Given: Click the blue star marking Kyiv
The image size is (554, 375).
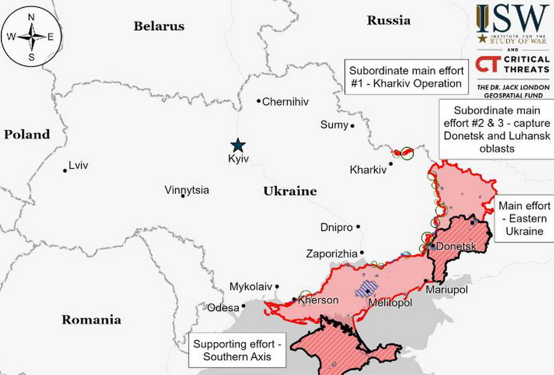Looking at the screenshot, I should click(x=238, y=145).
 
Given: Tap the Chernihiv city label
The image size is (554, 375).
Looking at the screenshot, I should click(x=285, y=102).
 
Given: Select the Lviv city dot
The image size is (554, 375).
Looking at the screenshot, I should click(x=65, y=170).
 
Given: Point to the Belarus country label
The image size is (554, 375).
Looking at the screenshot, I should click(x=158, y=26).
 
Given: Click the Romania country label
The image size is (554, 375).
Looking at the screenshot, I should click(x=91, y=320).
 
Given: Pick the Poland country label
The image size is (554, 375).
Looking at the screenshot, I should click(x=27, y=134).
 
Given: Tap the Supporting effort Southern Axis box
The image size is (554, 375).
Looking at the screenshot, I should click(x=237, y=350).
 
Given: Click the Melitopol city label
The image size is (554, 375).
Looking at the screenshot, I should click(x=391, y=303).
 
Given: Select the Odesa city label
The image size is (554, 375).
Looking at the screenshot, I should click(x=223, y=307).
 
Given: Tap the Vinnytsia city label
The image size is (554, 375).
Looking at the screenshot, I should click(x=187, y=190).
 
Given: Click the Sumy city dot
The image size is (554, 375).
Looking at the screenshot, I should click(x=352, y=126).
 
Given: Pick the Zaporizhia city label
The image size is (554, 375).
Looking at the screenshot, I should click(x=331, y=254).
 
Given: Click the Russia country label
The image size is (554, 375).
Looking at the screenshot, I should click(x=388, y=21).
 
